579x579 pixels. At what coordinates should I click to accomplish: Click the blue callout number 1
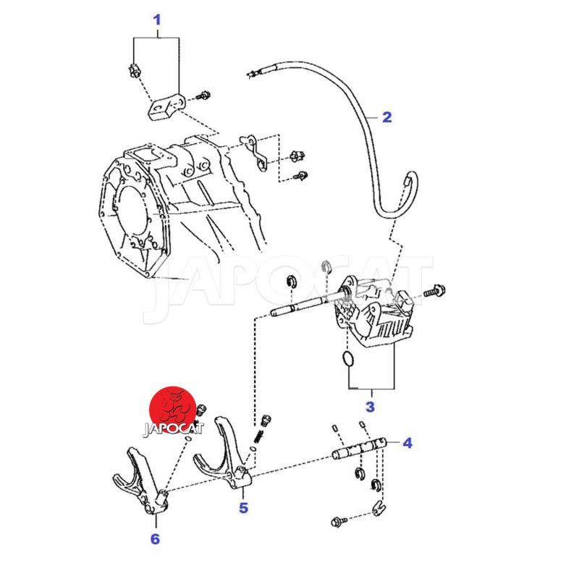coord(157,20)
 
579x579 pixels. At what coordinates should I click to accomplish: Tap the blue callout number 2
coord(386,117)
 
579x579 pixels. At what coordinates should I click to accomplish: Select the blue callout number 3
coord(370,407)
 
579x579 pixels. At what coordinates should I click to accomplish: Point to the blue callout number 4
coord(407,443)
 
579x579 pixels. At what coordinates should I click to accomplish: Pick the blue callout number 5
coord(243,508)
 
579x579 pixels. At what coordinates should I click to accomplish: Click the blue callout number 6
coord(155,538)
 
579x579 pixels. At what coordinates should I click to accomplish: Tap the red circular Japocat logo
coord(173,410)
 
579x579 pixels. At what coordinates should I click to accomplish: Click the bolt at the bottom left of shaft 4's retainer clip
coord(339,522)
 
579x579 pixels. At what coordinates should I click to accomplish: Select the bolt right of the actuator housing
coord(434,291)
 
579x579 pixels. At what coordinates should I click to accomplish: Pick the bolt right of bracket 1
coord(203,96)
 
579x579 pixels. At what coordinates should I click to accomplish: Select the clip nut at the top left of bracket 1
coord(134,70)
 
